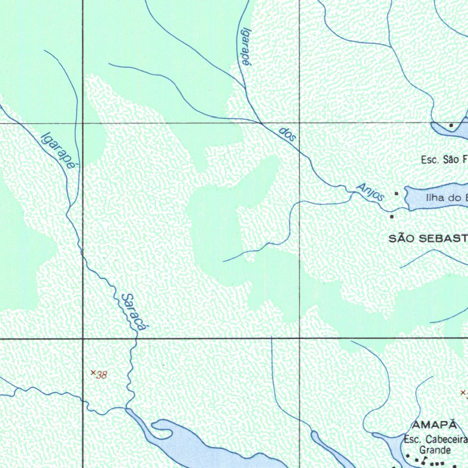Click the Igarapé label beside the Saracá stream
[x=58, y=151]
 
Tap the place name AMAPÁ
[x=435, y=425]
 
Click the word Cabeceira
[x=446, y=440]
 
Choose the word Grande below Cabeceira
[x=435, y=450]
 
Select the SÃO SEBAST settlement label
[x=428, y=238]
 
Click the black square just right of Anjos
[x=397, y=194]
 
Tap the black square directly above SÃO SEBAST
[x=392, y=217]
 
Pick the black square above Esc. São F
[x=451, y=125]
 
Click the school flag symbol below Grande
[x=425, y=459]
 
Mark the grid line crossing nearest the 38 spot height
[x=83, y=339]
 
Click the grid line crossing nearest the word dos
[x=299, y=123]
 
